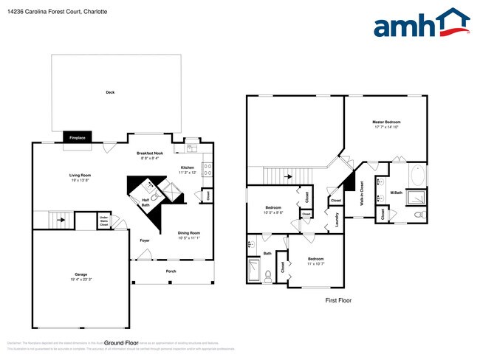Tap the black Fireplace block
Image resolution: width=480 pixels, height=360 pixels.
click(76, 137)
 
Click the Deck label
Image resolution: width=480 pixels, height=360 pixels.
click(110, 92)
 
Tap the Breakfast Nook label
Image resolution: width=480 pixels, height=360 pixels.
click(150, 153)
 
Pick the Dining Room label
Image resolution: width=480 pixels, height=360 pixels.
click(189, 232)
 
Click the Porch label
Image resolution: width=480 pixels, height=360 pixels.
click(171, 271)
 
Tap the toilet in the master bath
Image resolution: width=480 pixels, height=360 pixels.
click(418, 215)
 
